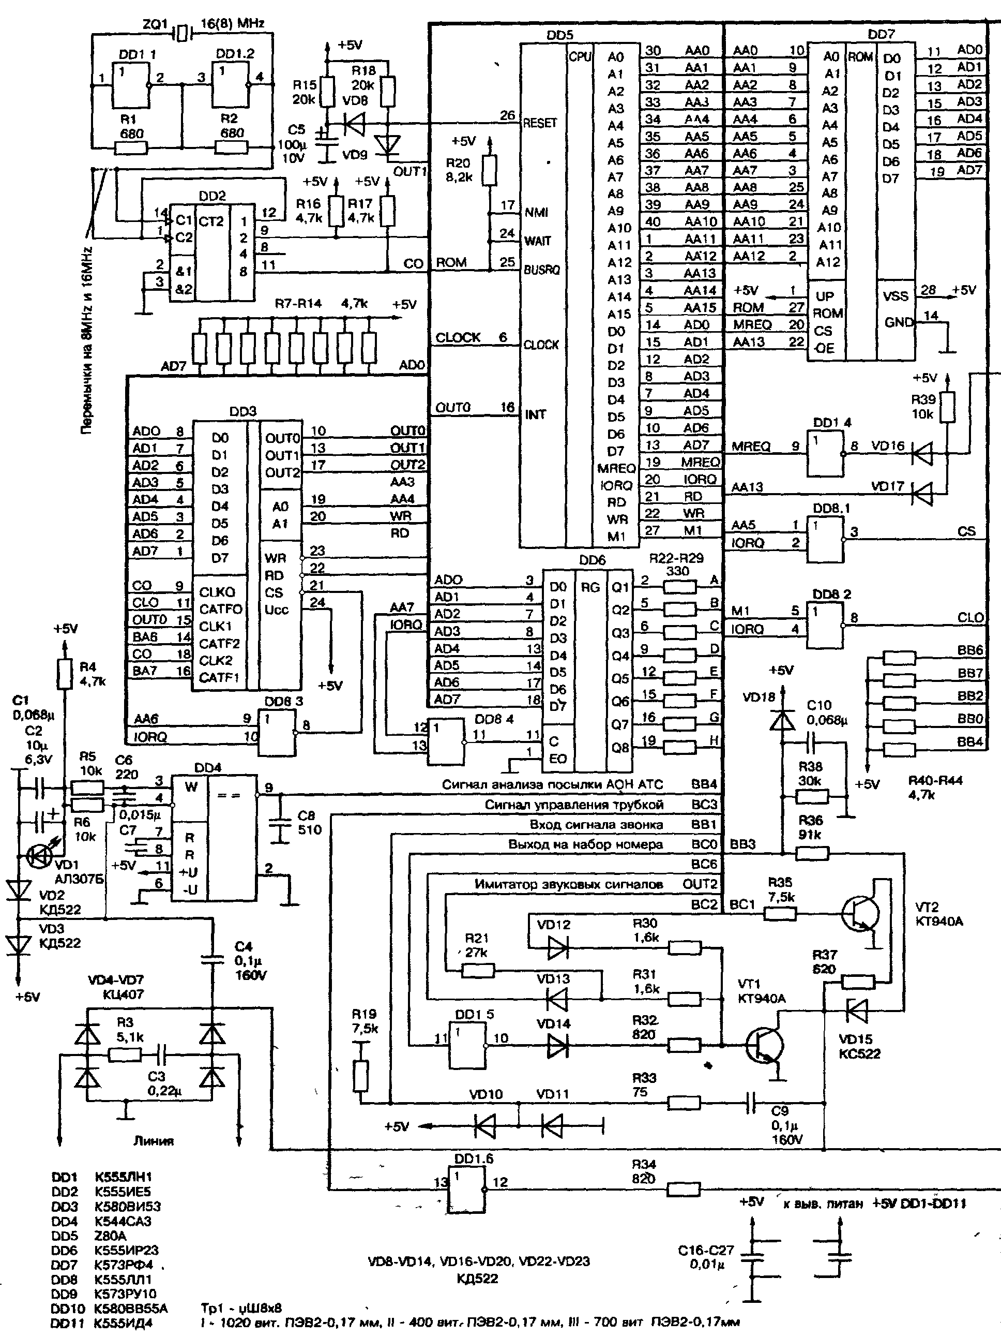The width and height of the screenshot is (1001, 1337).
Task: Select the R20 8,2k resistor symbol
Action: (x=489, y=170)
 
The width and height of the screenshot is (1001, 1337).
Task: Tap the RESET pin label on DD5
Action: (x=539, y=123)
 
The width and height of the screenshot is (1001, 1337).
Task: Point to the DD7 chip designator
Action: (x=880, y=35)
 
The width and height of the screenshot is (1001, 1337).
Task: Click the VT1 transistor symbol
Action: (x=764, y=1045)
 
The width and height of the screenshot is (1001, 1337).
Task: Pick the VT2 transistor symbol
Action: (x=861, y=914)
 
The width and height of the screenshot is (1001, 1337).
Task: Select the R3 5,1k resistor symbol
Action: (x=125, y=1054)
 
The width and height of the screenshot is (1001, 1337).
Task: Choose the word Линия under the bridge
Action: (x=154, y=1141)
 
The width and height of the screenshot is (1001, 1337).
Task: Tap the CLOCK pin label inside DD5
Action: (x=541, y=345)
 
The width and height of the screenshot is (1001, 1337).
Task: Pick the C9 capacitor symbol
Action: (x=751, y=1104)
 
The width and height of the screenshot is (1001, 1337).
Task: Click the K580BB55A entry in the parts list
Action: (x=131, y=1309)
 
